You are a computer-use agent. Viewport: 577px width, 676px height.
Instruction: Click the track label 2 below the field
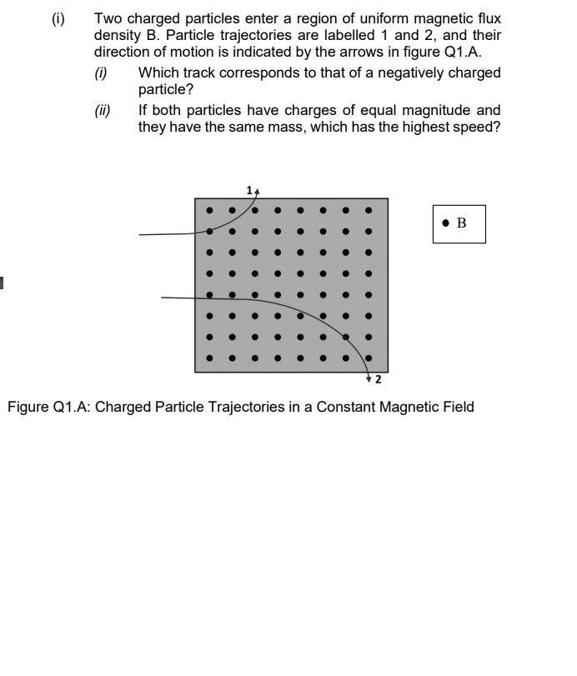(x=378, y=381)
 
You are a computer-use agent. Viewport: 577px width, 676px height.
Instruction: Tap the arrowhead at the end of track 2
(x=369, y=379)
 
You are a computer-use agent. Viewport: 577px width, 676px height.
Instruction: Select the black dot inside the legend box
(x=447, y=223)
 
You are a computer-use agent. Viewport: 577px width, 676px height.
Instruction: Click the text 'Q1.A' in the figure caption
(x=67, y=408)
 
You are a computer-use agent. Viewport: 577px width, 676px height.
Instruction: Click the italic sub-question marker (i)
(x=101, y=73)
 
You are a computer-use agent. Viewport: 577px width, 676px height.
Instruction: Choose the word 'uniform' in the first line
(x=363, y=18)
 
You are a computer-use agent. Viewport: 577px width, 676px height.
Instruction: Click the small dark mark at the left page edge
(x=2, y=283)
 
